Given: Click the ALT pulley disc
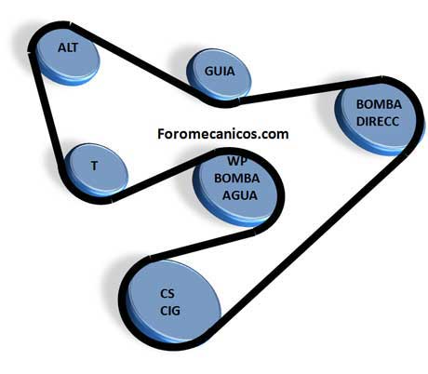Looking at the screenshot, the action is click(68, 57).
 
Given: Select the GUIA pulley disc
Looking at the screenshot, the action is click(219, 73).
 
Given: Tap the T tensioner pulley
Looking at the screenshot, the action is click(96, 169).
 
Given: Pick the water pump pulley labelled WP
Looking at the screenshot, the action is click(235, 189).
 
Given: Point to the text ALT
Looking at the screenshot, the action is click(68, 47).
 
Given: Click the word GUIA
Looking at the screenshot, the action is click(220, 72).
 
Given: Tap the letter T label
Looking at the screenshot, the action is click(94, 166).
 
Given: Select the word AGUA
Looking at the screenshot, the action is click(240, 195).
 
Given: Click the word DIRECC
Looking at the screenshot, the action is click(378, 121).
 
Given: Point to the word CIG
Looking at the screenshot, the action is click(170, 311).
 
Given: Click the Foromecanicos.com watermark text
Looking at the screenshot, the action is click(223, 134).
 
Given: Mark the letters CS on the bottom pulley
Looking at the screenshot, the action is click(167, 293).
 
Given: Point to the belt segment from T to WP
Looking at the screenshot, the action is click(164, 176).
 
